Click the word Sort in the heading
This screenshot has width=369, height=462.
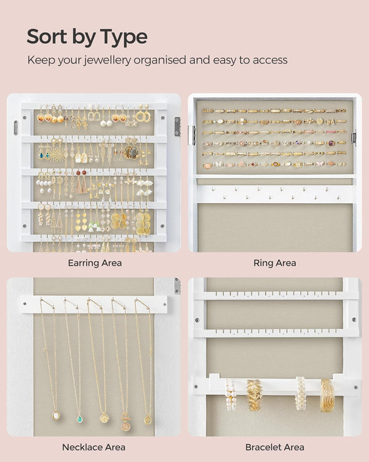click(x=46, y=37)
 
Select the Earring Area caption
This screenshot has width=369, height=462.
click(x=94, y=263)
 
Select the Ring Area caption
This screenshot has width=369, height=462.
click(x=275, y=263)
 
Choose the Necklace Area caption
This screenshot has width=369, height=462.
click(x=93, y=447)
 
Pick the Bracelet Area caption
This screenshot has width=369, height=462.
click(x=275, y=447)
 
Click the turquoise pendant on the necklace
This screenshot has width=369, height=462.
click(x=79, y=418)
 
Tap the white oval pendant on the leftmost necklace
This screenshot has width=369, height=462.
click(x=56, y=415)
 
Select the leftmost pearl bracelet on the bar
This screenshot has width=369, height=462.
click(x=231, y=394)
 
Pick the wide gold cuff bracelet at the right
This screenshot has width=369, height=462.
click(x=327, y=394)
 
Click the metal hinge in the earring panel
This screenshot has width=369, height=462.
click(x=177, y=126)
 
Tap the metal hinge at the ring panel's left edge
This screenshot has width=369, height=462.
click(x=191, y=135)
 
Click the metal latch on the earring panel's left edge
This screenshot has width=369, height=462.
click(x=15, y=128)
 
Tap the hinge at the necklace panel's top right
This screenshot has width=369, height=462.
click(x=177, y=286)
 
